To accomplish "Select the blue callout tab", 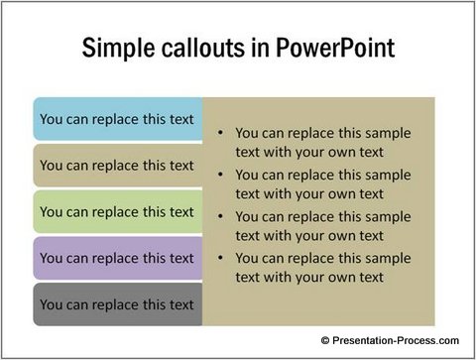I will [117, 119].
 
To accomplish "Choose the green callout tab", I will [117, 211].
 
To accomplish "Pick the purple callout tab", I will [117, 258].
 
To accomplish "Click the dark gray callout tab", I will [117, 304].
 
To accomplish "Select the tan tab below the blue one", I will [117, 166].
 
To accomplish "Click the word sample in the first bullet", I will [387, 132].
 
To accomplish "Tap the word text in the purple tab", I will [179, 258].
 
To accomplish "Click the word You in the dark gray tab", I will [52, 304].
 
